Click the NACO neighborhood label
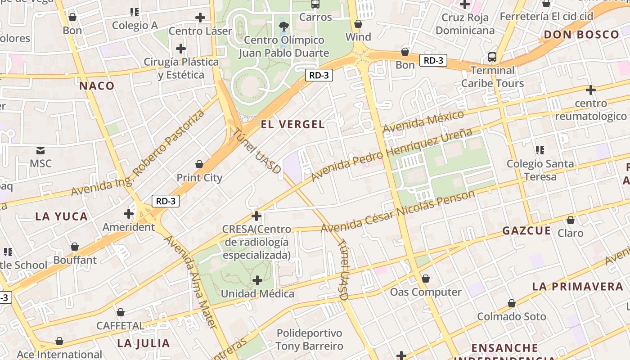pyautogui.click(x=97, y=85)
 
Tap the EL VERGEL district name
pyautogui.click(x=292, y=125)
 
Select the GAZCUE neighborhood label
pyautogui.click(x=526, y=231)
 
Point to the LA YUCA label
pyautogui.click(x=62, y=216)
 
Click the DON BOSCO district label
pyautogui.click(x=581, y=35)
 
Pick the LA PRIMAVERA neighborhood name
pyautogui.click(x=577, y=287)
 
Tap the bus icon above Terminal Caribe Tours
pyautogui.click(x=492, y=57)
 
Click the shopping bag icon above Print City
pyautogui.click(x=199, y=165)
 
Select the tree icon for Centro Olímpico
pyautogui.click(x=283, y=26)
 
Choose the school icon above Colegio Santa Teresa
pyautogui.click(x=540, y=150)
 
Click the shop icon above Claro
pyautogui.click(x=570, y=220)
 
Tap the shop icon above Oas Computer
pyautogui.click(x=425, y=279)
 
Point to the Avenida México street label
pyautogui.click(x=423, y=121)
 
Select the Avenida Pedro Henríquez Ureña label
pyautogui.click(x=391, y=154)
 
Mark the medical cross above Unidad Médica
pyautogui.click(x=257, y=281)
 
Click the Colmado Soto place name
pyautogui.click(x=512, y=316)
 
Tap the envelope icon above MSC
pyautogui.click(x=40, y=150)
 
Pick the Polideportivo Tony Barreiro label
pyautogui.click(x=309, y=340)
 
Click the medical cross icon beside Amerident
pyautogui.click(x=129, y=214)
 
